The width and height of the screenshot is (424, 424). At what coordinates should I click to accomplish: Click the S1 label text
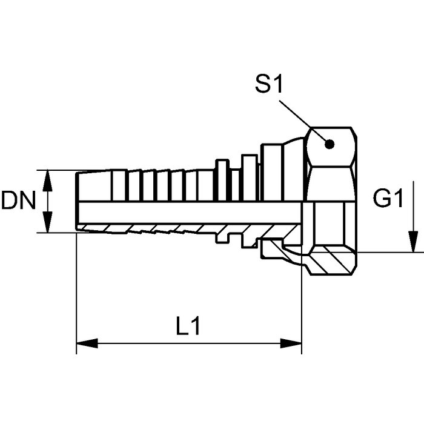tap(269, 84)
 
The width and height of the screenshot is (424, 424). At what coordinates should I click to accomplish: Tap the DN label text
tap(18, 200)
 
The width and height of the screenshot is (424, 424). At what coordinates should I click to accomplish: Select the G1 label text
tap(388, 198)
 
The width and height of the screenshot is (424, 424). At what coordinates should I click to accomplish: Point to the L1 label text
tap(188, 326)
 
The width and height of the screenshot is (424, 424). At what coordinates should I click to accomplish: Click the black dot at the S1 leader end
tap(330, 144)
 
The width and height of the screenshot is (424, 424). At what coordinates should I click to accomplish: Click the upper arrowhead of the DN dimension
tap(48, 180)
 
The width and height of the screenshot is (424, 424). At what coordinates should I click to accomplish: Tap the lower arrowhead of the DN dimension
tap(48, 222)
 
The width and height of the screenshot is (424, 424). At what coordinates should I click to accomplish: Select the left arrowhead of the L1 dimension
tap(87, 343)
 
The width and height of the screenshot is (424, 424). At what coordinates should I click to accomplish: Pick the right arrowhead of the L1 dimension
tap(291, 343)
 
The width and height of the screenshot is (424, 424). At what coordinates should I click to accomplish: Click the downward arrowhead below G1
tap(413, 242)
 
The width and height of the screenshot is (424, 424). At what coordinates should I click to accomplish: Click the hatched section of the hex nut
tap(331, 260)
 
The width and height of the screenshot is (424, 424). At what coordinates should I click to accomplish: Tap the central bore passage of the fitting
tap(190, 213)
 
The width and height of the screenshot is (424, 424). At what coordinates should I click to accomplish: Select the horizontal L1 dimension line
tap(189, 343)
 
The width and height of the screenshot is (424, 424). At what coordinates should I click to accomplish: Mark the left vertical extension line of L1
tap(76, 293)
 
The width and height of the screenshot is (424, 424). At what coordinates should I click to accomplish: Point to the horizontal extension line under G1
tap(389, 253)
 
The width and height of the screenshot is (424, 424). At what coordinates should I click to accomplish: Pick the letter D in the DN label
tap(10, 200)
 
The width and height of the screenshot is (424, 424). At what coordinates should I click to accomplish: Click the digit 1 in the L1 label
tap(195, 326)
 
